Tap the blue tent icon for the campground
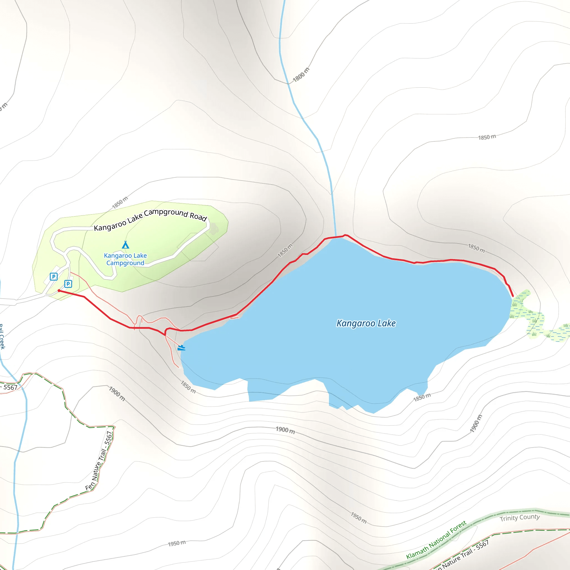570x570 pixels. (x=126, y=245)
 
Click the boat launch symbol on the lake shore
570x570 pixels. (x=181, y=348)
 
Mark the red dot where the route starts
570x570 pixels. (x=59, y=291)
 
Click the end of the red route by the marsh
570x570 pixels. (x=513, y=296)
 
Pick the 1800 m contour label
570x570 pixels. (x=301, y=75)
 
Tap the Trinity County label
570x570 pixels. (x=520, y=518)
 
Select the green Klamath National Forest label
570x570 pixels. (x=436, y=540)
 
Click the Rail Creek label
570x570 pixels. (x=2, y=336)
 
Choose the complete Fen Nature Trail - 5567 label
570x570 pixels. (x=99, y=461)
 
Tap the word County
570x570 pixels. (x=530, y=517)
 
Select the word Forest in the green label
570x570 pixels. (x=458, y=527)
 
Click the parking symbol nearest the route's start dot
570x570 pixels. (x=68, y=284)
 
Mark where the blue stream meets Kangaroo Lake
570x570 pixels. (x=336, y=237)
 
